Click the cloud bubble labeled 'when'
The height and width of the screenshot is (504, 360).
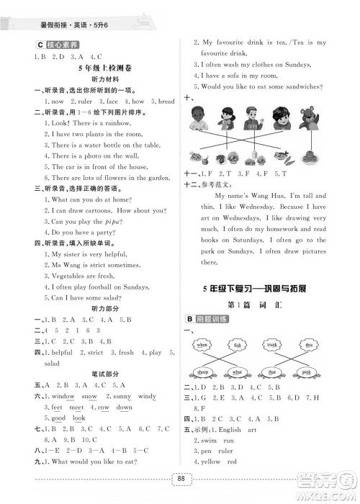point(200,346)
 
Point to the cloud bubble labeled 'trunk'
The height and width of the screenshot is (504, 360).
point(271,346)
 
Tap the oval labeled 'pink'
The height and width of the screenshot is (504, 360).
point(309,372)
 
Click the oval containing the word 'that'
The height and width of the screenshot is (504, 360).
point(271,372)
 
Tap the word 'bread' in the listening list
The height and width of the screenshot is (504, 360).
point(166,102)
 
